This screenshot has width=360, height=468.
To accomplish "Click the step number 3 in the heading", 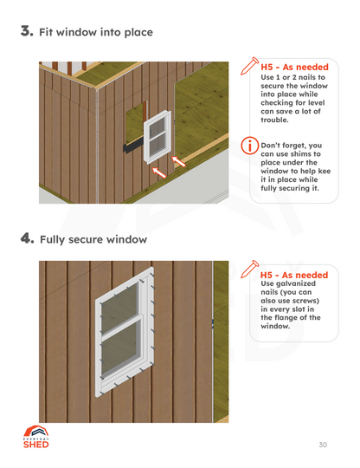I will (x=26, y=32).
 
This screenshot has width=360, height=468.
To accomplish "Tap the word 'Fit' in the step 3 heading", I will (x=49, y=33).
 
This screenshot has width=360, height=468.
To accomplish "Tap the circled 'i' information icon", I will (x=249, y=146).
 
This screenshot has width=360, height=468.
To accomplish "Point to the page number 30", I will (x=323, y=445).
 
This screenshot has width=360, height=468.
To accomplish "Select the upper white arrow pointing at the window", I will (x=179, y=159).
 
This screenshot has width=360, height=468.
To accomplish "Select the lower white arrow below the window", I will (x=158, y=173).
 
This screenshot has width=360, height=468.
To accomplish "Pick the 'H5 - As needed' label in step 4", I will (x=294, y=275).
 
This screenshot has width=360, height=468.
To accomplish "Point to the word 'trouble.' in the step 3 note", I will (x=280, y=119).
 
